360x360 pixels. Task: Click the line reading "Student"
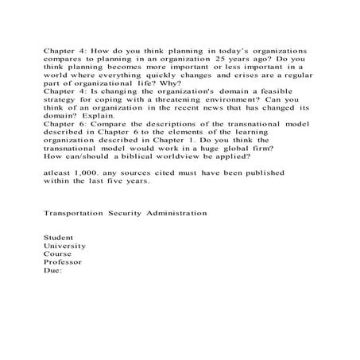point(57,237)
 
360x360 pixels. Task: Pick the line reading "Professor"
point(62,262)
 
